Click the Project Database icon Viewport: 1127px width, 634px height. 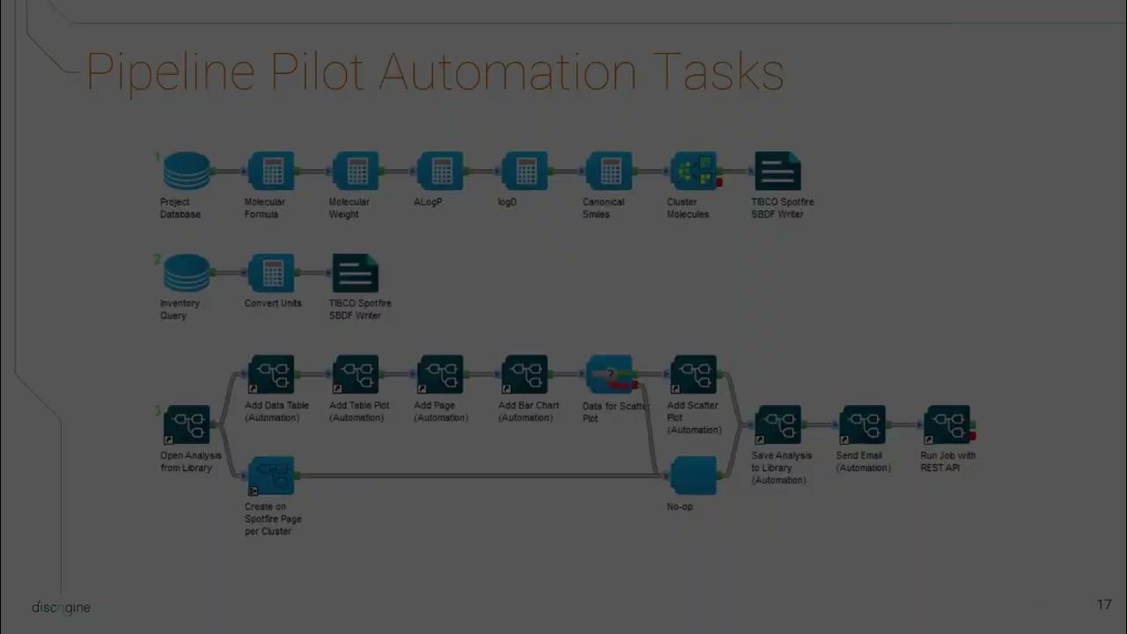click(x=187, y=171)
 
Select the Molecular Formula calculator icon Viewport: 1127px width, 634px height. click(x=271, y=171)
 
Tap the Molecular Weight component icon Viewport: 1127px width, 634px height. click(x=356, y=171)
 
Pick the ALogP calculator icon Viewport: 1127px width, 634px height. click(x=440, y=171)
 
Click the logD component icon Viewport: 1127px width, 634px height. click(x=525, y=171)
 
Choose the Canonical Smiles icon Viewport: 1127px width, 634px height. click(x=609, y=171)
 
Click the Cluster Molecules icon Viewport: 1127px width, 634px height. click(x=694, y=171)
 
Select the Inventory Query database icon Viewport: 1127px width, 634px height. click(x=187, y=273)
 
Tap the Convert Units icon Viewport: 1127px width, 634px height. click(x=271, y=273)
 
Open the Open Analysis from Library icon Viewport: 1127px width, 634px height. click(x=187, y=425)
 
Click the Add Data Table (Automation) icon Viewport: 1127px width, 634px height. click(x=271, y=374)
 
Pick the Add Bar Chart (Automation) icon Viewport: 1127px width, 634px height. click(x=525, y=374)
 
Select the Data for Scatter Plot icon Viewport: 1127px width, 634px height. click(x=609, y=374)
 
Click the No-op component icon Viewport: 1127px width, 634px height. click(x=694, y=475)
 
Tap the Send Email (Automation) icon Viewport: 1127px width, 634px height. click(x=863, y=425)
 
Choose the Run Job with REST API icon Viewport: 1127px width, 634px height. click(x=947, y=425)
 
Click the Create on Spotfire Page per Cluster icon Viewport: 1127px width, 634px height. click(x=271, y=475)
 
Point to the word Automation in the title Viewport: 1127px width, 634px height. click(x=508, y=72)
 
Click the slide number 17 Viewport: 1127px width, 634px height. click(x=1104, y=605)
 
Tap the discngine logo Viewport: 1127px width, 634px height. click(x=61, y=608)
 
